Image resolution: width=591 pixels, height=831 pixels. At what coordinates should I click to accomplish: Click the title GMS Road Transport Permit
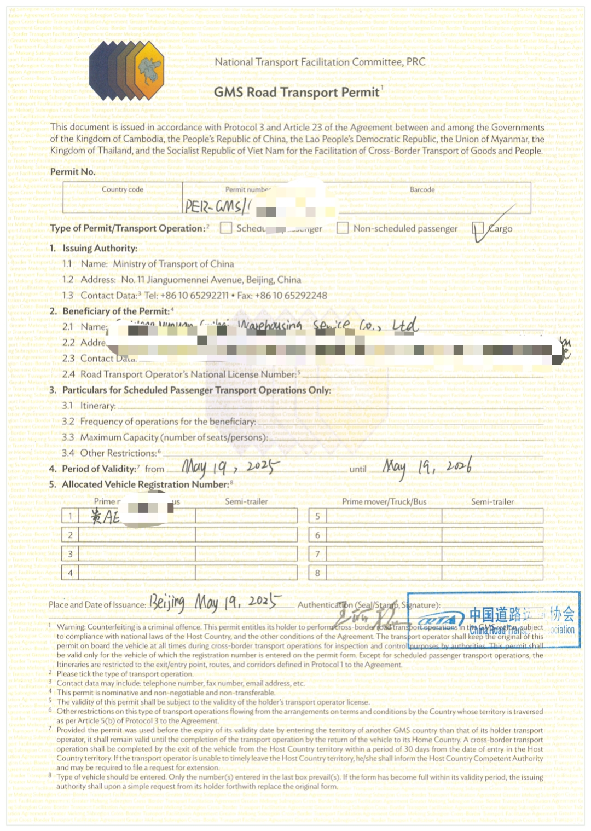[297, 92]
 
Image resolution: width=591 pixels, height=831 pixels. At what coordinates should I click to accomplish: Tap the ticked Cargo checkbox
[478, 228]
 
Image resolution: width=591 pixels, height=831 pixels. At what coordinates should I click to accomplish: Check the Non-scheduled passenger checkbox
[343, 228]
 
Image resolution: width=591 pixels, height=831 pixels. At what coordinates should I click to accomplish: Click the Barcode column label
[422, 189]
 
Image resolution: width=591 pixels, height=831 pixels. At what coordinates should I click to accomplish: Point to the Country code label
[123, 189]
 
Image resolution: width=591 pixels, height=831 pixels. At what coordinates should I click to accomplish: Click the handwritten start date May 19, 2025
[230, 467]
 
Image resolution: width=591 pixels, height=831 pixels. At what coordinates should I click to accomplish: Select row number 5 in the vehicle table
[318, 516]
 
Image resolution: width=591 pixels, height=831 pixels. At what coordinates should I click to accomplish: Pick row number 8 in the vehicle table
[318, 573]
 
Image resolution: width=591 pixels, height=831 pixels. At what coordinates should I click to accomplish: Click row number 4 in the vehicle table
[70, 573]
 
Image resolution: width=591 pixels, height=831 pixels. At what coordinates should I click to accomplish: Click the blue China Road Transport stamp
[494, 620]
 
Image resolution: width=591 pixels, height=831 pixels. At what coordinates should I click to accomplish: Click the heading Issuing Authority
[100, 248]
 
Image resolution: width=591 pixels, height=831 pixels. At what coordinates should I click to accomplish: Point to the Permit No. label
[72, 172]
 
